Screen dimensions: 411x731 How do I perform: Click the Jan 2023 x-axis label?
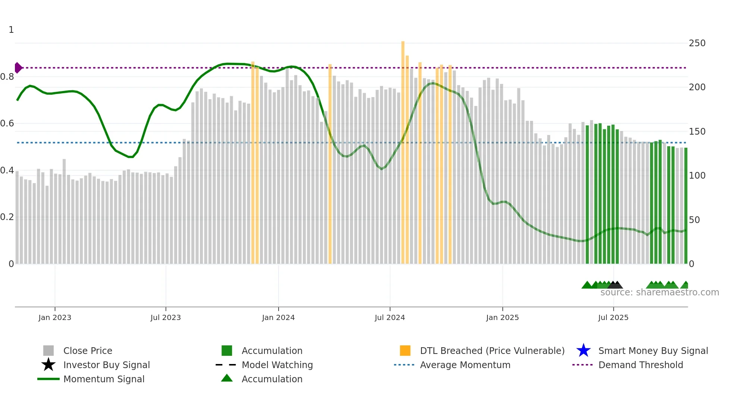click(54, 317)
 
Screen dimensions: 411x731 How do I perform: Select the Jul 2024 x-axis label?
click(389, 317)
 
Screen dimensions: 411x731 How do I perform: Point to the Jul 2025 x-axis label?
click(613, 317)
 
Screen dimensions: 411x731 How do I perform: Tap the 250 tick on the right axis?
click(697, 43)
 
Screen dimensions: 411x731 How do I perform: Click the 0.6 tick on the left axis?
click(7, 123)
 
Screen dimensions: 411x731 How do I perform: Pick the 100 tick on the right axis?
click(697, 176)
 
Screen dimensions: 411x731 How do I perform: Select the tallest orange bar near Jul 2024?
click(403, 149)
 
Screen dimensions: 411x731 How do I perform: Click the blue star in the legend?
click(583, 351)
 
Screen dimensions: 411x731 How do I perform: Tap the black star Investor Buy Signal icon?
click(48, 365)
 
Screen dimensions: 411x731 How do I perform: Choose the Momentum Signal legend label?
click(104, 379)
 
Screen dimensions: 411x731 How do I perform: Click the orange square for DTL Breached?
click(405, 351)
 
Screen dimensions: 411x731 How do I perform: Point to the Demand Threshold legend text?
click(640, 365)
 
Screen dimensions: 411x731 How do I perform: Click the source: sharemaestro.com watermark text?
click(659, 292)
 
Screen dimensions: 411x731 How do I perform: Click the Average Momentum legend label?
click(465, 365)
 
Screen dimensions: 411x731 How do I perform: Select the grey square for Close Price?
click(48, 351)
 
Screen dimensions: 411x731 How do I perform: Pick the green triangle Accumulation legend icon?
click(227, 378)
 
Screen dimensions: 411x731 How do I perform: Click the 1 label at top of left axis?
click(11, 30)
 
